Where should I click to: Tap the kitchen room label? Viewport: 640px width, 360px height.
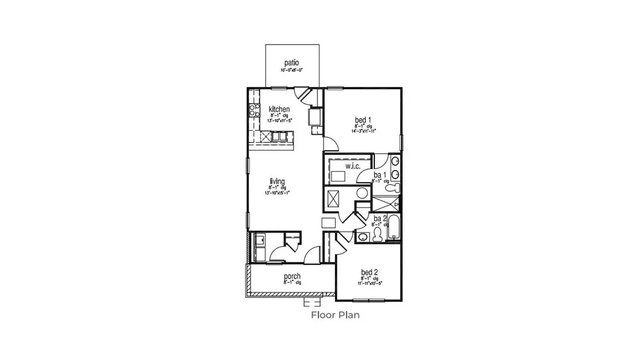click(279, 109)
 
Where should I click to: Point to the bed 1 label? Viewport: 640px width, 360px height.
click(364, 119)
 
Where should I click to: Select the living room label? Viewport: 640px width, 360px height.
click(277, 182)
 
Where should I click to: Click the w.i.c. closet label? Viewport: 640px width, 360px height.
click(353, 167)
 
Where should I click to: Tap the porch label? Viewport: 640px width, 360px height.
click(292, 276)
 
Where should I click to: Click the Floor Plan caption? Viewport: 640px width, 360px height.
click(335, 315)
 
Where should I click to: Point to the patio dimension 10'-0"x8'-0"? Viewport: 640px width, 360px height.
click(292, 70)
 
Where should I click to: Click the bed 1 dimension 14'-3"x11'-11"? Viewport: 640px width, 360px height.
click(364, 131)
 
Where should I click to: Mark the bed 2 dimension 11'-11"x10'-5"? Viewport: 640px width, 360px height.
click(369, 284)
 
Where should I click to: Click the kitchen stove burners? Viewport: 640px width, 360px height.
click(252, 111)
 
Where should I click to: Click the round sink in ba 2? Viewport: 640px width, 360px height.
click(363, 237)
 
